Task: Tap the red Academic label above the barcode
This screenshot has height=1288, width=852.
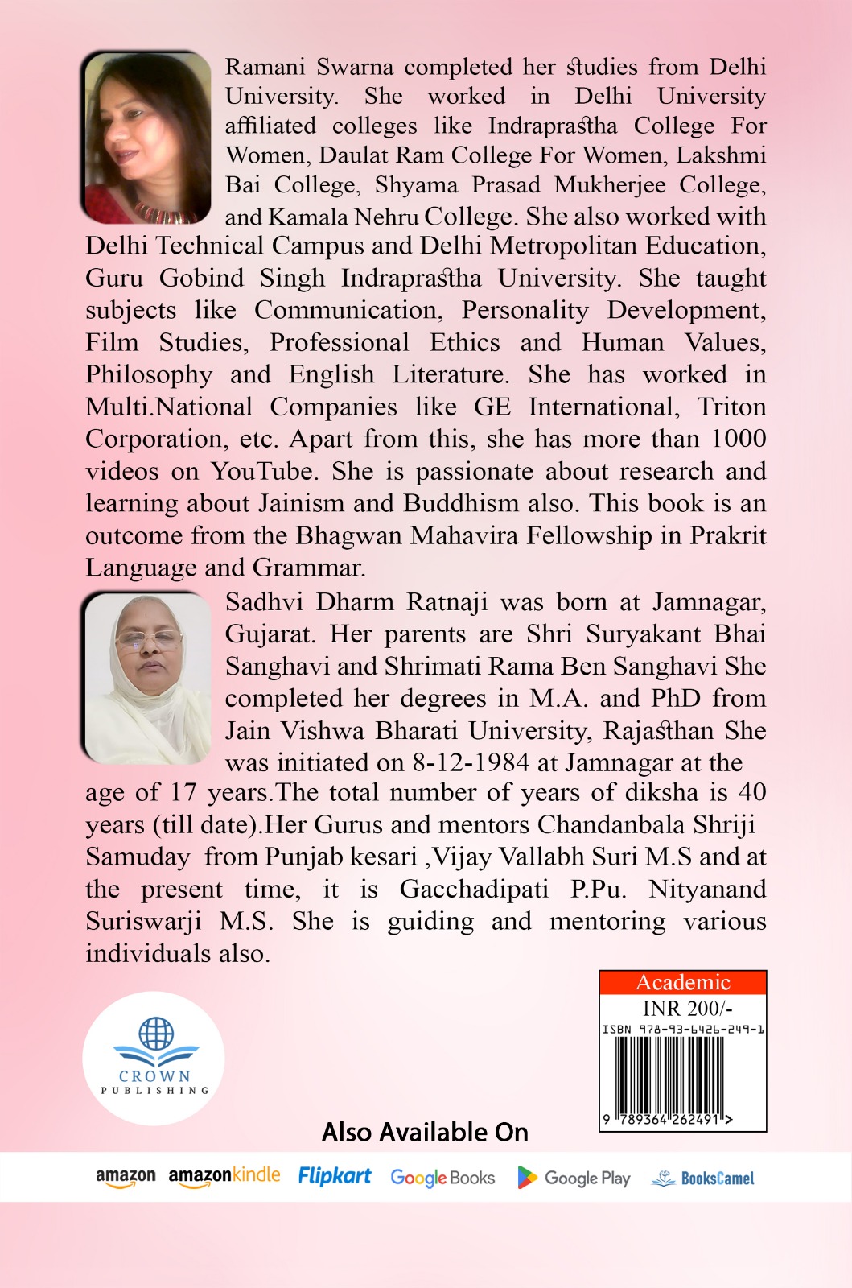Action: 682,982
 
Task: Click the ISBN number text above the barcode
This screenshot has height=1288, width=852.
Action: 683,1029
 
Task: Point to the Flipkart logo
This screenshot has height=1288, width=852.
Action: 335,1176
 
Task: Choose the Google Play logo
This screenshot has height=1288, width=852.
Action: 574,1178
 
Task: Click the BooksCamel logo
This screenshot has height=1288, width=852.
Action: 703,1179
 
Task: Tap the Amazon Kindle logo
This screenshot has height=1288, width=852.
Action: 224,1176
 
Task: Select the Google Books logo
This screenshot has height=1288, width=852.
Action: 442,1178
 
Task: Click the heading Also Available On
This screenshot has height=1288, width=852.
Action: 425,1133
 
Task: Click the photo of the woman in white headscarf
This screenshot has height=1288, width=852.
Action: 146,678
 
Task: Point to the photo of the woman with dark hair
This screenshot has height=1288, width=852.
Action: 146,138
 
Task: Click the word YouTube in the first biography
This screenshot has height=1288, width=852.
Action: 261,471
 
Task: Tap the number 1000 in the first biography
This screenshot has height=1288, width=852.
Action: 738,439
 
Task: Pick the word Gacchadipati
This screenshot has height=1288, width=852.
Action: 474,889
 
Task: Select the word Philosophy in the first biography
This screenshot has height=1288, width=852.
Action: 149,374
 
